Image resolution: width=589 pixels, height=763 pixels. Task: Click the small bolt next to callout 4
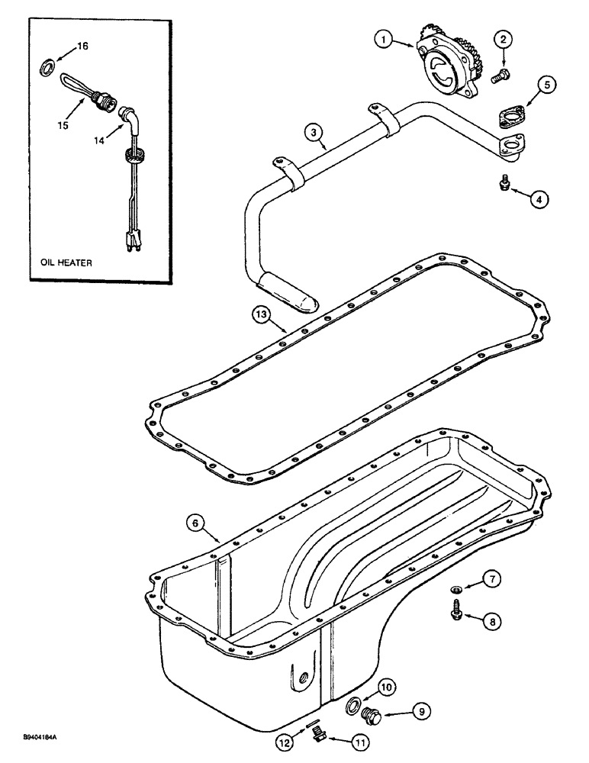point(504,183)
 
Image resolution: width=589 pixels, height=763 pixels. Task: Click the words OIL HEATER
point(66,262)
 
